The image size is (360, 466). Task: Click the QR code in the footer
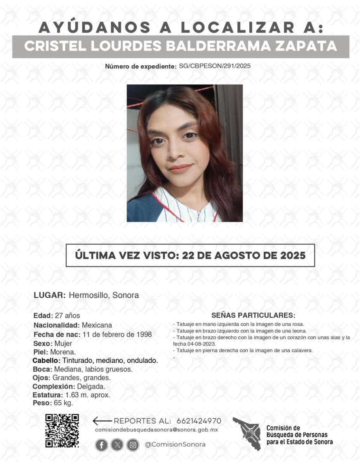pyautogui.click(x=62, y=431)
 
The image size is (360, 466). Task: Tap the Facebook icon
pyautogui.click(x=101, y=445)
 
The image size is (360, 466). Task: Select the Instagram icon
pyautogui.click(x=133, y=445)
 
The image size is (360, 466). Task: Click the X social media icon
pyautogui.click(x=117, y=445)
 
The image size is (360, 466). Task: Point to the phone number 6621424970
pyautogui.click(x=199, y=421)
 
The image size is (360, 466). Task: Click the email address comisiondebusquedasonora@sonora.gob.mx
pyautogui.click(x=156, y=430)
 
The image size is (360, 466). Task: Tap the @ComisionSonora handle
pyautogui.click(x=175, y=445)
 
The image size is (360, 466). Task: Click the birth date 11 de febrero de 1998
pyautogui.click(x=117, y=334)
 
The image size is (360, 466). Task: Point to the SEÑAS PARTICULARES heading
pyautogui.click(x=253, y=315)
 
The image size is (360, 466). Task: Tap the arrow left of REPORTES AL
pyautogui.click(x=102, y=421)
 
